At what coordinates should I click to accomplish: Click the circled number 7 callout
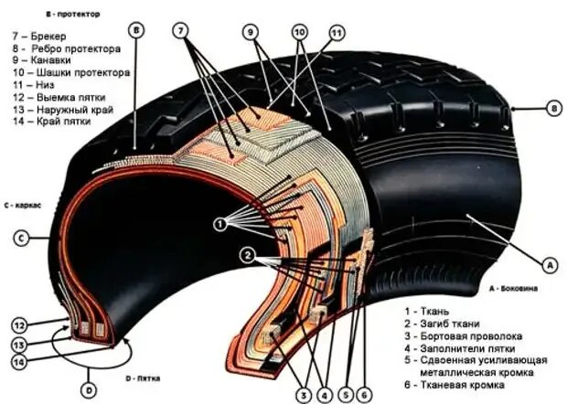(x=181, y=30)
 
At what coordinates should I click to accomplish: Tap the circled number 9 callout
(x=250, y=30)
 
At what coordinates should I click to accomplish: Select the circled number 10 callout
(x=299, y=31)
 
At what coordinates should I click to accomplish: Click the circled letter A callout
(x=550, y=264)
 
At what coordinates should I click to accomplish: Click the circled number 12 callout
(x=17, y=324)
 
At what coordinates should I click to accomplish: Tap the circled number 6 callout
(x=364, y=395)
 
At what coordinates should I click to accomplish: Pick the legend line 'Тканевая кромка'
(x=472, y=388)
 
